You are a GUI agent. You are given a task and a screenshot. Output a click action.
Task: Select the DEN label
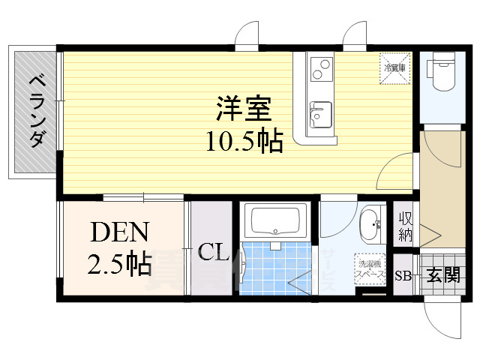(121, 233)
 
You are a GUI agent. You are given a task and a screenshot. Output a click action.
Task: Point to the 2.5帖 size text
(121, 263)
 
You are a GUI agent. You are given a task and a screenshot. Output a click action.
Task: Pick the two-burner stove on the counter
(319, 69)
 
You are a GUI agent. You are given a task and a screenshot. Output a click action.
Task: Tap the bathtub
(275, 221)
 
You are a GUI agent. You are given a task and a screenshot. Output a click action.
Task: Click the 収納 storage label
(405, 226)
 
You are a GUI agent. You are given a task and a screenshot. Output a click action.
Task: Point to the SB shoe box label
(403, 275)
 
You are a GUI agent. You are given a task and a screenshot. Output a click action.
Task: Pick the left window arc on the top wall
(247, 36)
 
